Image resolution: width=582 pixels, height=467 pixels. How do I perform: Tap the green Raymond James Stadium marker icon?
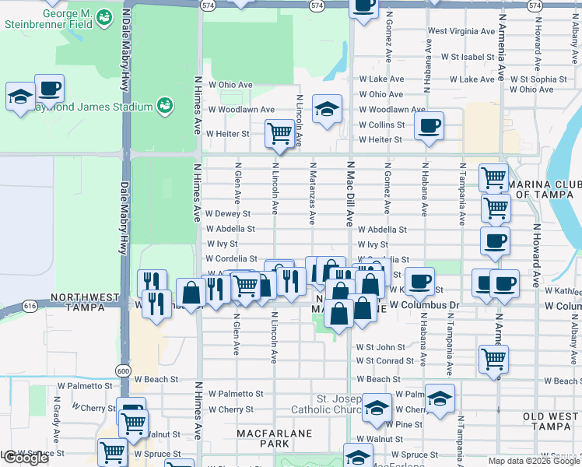tap(164, 106)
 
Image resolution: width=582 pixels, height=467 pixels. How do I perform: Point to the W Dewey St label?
tap(228, 213)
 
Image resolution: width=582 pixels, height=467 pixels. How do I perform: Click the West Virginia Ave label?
tap(461, 32)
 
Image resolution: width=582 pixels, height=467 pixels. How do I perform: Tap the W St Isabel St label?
tap(468, 57)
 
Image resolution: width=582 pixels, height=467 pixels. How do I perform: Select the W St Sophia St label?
tap(538, 79)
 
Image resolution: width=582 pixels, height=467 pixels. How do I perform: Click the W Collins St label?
tap(380, 125)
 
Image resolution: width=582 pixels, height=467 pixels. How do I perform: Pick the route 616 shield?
tap(30, 306)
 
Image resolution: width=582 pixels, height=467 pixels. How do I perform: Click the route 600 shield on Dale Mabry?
tap(124, 370)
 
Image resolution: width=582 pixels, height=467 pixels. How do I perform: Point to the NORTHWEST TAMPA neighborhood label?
tap(84, 302)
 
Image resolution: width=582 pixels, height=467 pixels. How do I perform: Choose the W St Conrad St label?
tap(385, 361)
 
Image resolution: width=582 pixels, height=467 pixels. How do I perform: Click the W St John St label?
tap(380, 347)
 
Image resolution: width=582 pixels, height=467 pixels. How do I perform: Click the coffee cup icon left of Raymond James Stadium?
tap(49, 89)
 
